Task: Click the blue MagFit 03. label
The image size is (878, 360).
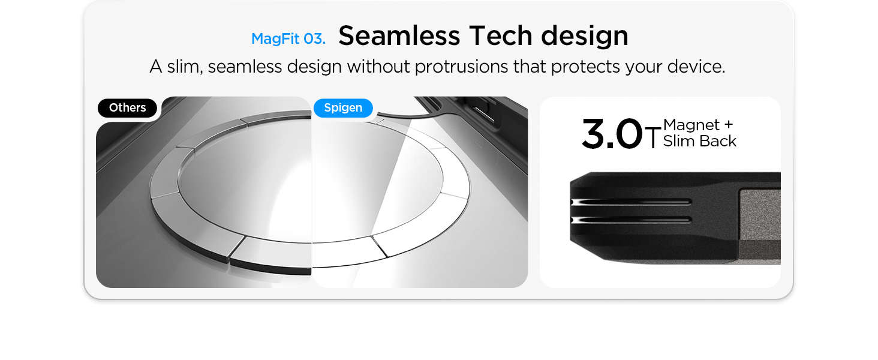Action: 288,39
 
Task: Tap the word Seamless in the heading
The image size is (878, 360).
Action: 399,35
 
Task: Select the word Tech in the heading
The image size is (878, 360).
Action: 500,35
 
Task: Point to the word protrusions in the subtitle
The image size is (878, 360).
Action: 461,67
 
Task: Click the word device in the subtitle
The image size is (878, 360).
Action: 696,66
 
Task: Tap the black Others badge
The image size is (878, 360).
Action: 127,108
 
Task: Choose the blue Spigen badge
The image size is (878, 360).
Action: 344,108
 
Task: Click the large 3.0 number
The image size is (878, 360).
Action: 612,134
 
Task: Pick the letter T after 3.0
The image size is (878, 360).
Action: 653,137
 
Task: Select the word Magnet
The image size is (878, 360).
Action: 691,125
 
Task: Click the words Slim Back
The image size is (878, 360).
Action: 700,141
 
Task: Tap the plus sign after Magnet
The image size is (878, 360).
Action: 729,125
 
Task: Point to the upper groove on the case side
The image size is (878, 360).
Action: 631,202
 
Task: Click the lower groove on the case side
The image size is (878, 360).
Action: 631,220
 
